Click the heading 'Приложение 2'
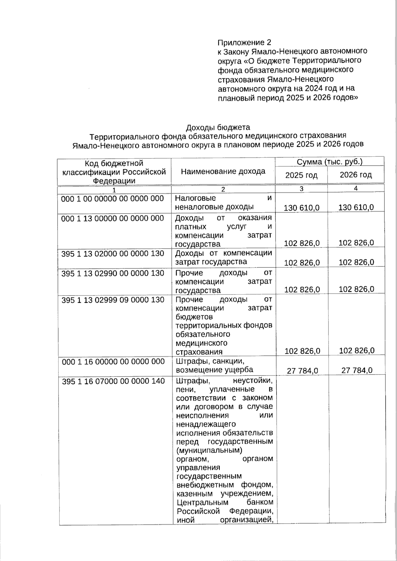(x=244, y=43)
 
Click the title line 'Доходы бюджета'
(x=218, y=127)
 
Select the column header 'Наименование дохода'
(x=223, y=171)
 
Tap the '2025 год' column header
(x=301, y=175)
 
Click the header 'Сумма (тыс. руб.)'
(x=330, y=162)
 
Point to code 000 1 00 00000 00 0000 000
(x=112, y=198)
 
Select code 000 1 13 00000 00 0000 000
(x=112, y=218)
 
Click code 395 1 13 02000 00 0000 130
(x=112, y=254)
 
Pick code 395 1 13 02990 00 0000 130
(x=112, y=273)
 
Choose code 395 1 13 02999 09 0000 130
(x=113, y=300)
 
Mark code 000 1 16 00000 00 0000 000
(x=113, y=362)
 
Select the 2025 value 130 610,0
(x=302, y=208)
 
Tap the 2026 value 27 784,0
(x=357, y=370)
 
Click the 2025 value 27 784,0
(x=302, y=371)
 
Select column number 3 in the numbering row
(x=301, y=189)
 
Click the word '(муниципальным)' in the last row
(x=209, y=450)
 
